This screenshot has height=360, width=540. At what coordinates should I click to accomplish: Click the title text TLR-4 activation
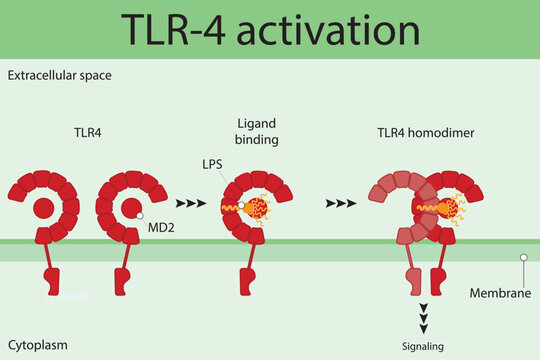[x=270, y=30]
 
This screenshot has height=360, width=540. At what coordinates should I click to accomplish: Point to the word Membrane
[x=499, y=294]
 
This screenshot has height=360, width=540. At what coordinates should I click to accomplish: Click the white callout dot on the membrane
[x=521, y=256]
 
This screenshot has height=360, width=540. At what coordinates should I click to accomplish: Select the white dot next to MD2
[x=141, y=216]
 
